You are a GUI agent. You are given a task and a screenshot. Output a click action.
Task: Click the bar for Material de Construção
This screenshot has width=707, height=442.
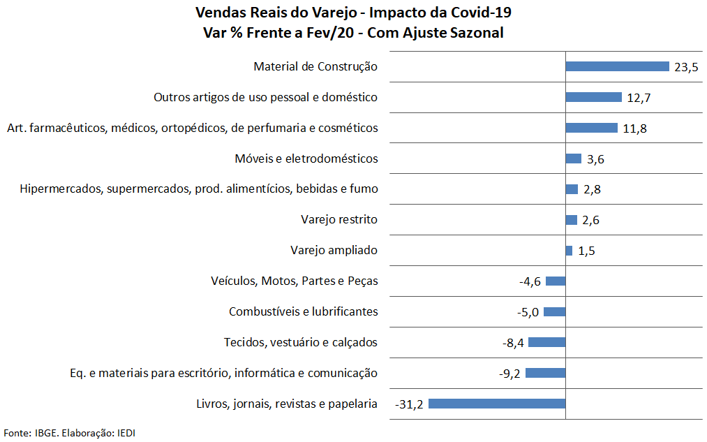(x=617, y=66)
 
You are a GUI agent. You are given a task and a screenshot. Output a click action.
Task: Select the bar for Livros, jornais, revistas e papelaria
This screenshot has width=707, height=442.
(x=496, y=404)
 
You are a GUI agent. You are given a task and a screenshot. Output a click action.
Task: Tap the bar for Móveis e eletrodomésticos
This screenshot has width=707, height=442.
(x=573, y=159)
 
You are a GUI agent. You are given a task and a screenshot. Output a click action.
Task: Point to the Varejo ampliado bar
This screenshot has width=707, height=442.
(x=569, y=250)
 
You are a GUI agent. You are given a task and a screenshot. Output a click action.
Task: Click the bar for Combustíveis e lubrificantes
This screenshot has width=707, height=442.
(x=555, y=311)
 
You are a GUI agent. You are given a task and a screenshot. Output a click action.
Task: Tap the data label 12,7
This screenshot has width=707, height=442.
(x=639, y=98)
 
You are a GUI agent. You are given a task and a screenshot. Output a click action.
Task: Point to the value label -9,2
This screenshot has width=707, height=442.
(x=509, y=374)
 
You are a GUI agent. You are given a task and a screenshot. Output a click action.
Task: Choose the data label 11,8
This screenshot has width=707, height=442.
(x=634, y=128)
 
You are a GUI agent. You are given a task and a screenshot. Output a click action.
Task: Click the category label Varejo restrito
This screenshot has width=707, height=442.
(x=339, y=220)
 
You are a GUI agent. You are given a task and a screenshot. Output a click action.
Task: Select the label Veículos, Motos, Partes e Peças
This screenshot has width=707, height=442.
(x=294, y=281)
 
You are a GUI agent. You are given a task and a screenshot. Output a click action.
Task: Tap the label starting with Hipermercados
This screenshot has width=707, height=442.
(x=199, y=189)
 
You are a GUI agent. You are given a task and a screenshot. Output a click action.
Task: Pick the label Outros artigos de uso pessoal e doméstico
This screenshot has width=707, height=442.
(x=265, y=97)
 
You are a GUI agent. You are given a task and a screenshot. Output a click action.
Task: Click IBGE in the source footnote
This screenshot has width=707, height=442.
(x=46, y=433)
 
